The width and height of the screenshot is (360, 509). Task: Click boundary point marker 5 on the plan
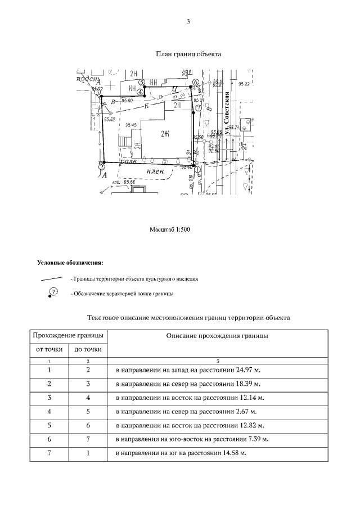(142, 83)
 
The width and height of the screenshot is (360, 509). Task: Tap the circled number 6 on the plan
(195, 82)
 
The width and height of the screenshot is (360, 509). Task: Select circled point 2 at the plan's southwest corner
(101, 166)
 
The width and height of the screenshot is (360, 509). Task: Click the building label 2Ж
(165, 133)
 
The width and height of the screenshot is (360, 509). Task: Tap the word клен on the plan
(155, 171)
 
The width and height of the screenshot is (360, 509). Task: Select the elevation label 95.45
(131, 125)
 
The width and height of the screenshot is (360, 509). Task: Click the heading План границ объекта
(188, 55)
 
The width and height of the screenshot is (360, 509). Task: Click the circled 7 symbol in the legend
(54, 291)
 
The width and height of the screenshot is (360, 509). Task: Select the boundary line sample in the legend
(51, 278)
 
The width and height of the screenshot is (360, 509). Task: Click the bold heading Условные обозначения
(70, 263)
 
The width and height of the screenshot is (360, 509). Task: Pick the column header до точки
(88, 349)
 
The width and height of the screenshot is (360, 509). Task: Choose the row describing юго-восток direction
(191, 439)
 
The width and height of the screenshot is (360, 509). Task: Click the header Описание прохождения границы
(217, 336)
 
